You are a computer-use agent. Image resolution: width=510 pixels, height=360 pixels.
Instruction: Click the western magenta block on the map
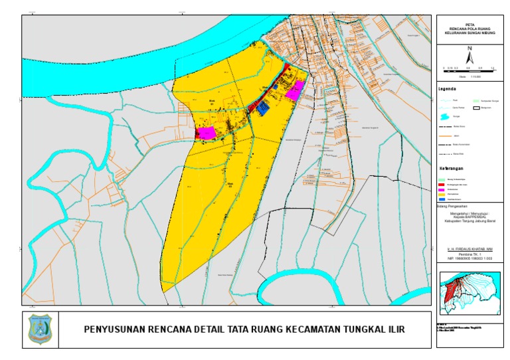[x=206, y=133]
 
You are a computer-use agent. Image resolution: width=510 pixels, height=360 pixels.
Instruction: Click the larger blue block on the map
[x=264, y=108]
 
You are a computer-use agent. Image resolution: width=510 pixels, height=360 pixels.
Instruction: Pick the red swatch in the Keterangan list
[x=442, y=183]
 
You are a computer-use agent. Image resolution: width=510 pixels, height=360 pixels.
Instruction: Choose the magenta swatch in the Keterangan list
[x=442, y=189]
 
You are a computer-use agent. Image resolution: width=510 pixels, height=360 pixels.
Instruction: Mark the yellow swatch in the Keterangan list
[x=442, y=194]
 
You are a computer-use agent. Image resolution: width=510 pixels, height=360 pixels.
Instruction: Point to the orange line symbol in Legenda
[x=444, y=135]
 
